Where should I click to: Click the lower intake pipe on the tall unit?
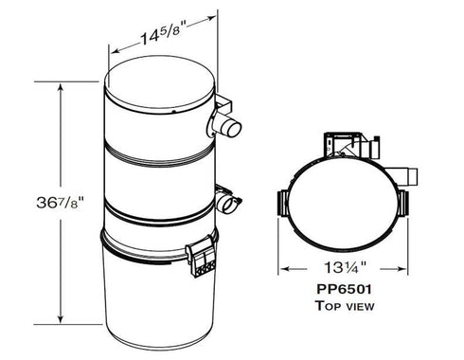coord(228,202)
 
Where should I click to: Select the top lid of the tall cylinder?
coord(159,86)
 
